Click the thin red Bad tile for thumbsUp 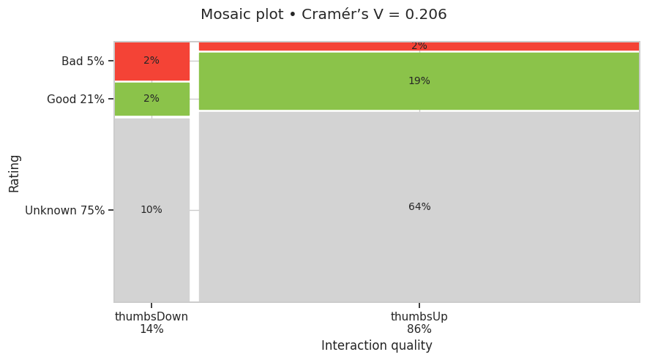[x=329, y=46]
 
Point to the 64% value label [x=419, y=207]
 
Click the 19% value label [x=419, y=81]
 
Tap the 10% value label [x=152, y=210]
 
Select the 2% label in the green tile [x=152, y=99]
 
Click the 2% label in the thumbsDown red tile [x=152, y=61]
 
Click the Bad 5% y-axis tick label [x=83, y=61]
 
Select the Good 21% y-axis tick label [x=75, y=100]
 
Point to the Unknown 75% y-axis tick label [x=64, y=211]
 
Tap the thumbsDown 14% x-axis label [x=152, y=323]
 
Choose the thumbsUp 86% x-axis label [x=419, y=323]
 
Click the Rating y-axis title [x=15, y=173]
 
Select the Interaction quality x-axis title [x=376, y=346]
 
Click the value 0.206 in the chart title [x=427, y=15]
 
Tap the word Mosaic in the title [x=222, y=15]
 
